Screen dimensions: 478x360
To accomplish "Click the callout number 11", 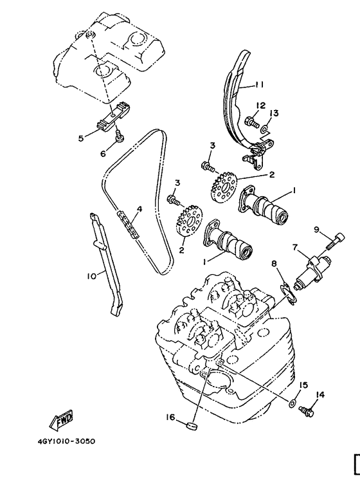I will click(x=259, y=84).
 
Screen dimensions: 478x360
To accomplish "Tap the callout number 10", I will click(x=92, y=275).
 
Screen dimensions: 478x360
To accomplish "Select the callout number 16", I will click(x=170, y=418).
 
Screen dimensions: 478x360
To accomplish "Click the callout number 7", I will click(x=295, y=247).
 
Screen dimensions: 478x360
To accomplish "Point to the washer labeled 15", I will click(x=293, y=403).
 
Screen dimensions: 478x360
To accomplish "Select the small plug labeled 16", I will click(x=190, y=425).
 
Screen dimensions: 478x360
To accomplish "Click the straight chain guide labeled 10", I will click(x=107, y=264).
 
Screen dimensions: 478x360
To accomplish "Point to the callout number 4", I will click(x=139, y=208).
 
